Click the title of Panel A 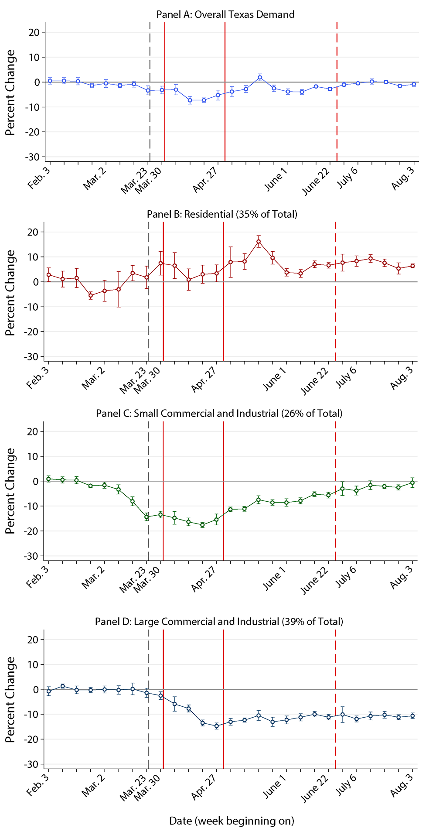pyautogui.click(x=225, y=14)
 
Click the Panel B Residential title pyautogui.click(x=222, y=214)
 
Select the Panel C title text pyautogui.click(x=219, y=413)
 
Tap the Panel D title pyautogui.click(x=219, y=621)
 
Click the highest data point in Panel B pyautogui.click(x=259, y=242)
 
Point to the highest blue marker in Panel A pyautogui.click(x=260, y=78)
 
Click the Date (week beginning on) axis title pyautogui.click(x=232, y=821)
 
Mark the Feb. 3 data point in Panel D pyautogui.click(x=48, y=691)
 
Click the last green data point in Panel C pyautogui.click(x=412, y=483)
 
